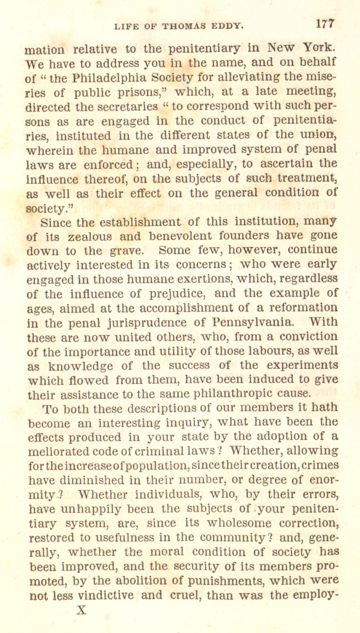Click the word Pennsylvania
tap(251, 322)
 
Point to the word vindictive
tap(106, 595)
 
